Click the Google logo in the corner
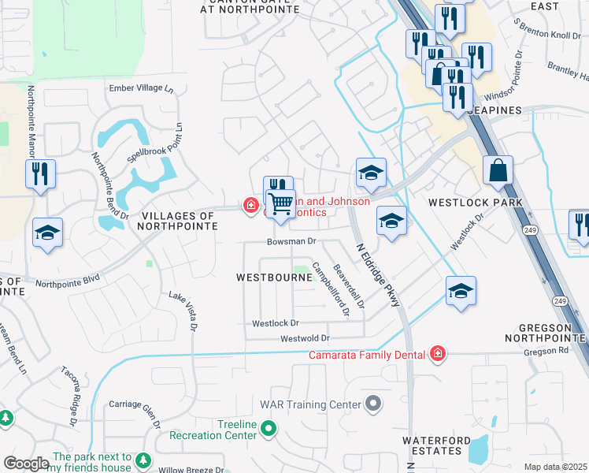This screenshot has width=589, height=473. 25,464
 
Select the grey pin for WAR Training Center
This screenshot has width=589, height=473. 373,404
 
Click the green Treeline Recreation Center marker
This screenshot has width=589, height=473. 269,430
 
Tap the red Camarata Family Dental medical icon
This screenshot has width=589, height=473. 437,355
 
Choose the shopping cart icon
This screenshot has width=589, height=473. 280,204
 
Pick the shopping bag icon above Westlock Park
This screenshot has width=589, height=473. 498,170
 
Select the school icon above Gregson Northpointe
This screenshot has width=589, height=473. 460,291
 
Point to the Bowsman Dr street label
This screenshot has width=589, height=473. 291,241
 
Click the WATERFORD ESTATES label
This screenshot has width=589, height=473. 431,445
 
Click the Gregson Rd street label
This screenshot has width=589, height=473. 545,352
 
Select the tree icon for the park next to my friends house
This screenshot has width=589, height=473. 143,460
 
